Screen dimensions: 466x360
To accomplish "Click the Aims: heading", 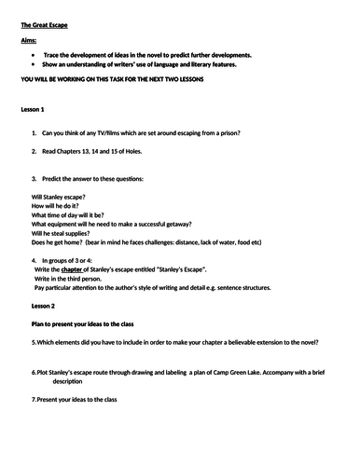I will tap(32, 42).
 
